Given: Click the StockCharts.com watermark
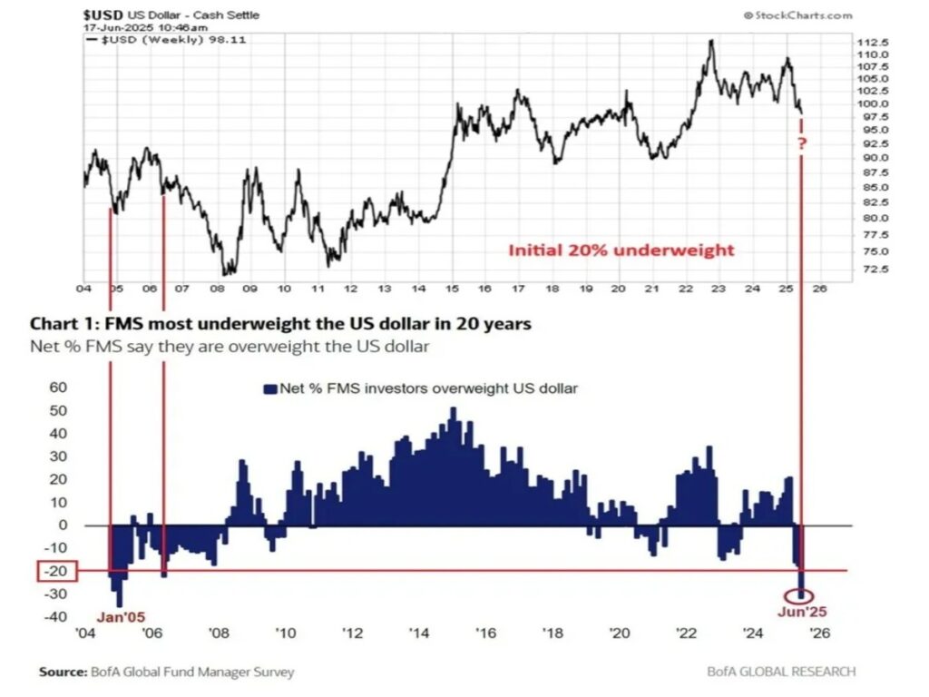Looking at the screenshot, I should click(x=797, y=15).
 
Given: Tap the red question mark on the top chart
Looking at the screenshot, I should click(x=802, y=143).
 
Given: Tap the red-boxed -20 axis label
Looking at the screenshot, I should click(x=57, y=571).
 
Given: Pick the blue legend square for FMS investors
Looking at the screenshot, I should click(x=269, y=388).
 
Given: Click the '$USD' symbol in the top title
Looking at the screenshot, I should click(x=100, y=15).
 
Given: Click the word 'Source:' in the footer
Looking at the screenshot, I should click(x=63, y=672).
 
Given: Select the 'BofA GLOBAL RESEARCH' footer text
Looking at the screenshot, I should click(x=781, y=672).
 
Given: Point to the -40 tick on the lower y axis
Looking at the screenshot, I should click(x=57, y=617).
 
